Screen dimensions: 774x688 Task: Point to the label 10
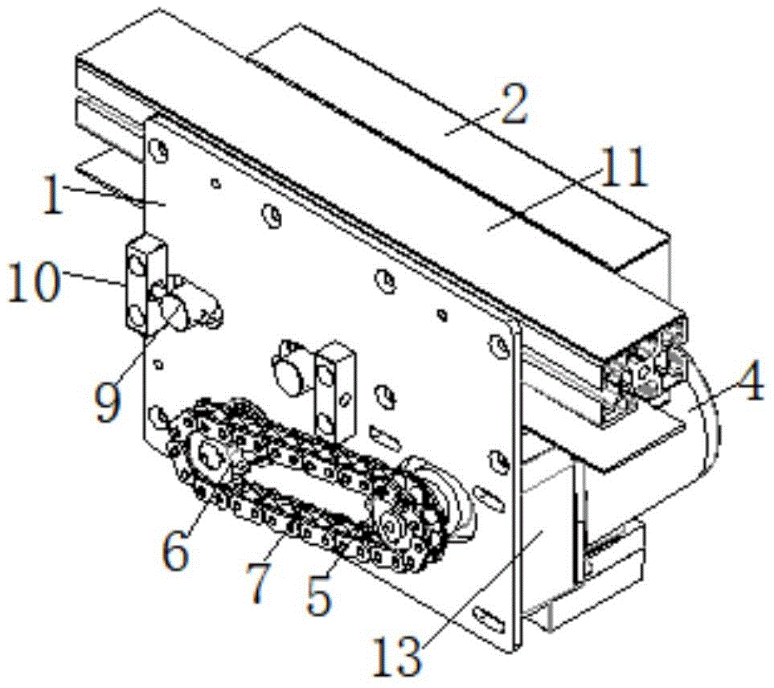33,282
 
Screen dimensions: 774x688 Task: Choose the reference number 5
318,596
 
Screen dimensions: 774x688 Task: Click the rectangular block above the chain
336,390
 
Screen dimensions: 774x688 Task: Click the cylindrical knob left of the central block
288,369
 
